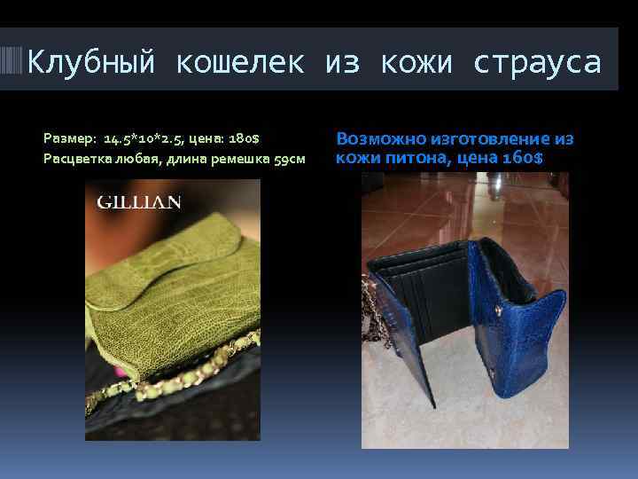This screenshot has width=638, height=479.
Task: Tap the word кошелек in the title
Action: (239, 62)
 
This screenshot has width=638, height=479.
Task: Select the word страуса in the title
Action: (537, 62)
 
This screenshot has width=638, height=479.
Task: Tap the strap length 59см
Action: (288, 158)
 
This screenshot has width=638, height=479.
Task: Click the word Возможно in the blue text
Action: (381, 139)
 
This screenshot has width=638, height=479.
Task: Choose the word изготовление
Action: (491, 139)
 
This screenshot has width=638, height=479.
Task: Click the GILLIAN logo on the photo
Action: (138, 202)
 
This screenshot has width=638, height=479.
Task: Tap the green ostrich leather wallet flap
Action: (168, 266)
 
